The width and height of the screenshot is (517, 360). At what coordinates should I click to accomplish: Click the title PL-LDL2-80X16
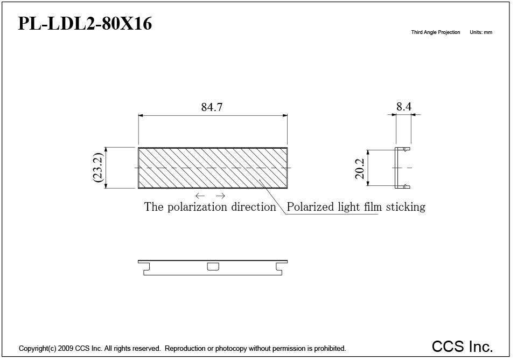[85, 23]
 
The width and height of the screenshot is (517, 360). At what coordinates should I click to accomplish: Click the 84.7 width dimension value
[212, 107]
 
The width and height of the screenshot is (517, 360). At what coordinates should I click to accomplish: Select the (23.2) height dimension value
[99, 167]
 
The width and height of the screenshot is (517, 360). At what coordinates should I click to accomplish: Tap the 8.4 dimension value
[403, 107]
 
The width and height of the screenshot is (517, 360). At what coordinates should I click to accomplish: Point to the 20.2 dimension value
[360, 168]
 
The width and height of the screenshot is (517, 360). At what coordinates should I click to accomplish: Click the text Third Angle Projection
[436, 32]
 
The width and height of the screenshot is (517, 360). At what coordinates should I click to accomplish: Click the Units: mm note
[481, 32]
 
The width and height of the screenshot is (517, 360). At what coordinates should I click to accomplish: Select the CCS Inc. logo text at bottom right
[462, 346]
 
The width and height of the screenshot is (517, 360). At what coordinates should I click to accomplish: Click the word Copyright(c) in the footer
[37, 349]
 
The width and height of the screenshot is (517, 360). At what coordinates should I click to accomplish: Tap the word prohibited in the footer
[330, 349]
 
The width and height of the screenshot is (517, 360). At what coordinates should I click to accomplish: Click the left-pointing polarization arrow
[200, 196]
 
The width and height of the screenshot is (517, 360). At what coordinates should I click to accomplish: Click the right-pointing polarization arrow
[221, 196]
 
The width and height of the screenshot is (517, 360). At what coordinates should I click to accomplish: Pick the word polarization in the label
[197, 207]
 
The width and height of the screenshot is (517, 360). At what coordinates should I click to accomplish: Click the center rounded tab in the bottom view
[213, 266]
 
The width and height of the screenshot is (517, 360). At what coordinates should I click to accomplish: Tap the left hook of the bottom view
[146, 268]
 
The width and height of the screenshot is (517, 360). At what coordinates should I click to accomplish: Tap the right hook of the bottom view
[279, 268]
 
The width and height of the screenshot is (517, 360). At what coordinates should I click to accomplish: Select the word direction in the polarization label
[253, 207]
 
